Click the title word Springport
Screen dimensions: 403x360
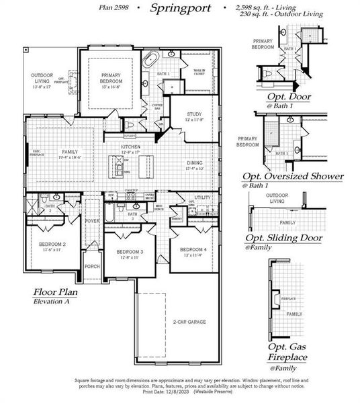180,9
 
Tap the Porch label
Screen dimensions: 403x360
92,267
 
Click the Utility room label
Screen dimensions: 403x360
203,198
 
